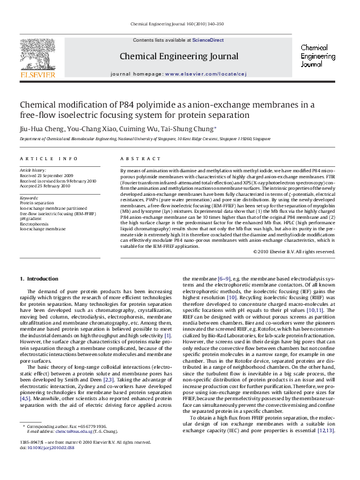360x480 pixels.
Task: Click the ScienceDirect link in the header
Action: [208, 40]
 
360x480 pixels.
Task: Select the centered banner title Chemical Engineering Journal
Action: [179, 57]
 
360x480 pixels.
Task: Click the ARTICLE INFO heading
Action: [49, 158]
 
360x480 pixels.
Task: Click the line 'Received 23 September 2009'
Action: [47, 175]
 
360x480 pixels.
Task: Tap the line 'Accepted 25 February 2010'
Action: [45, 185]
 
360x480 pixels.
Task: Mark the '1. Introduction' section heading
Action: [39, 278]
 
